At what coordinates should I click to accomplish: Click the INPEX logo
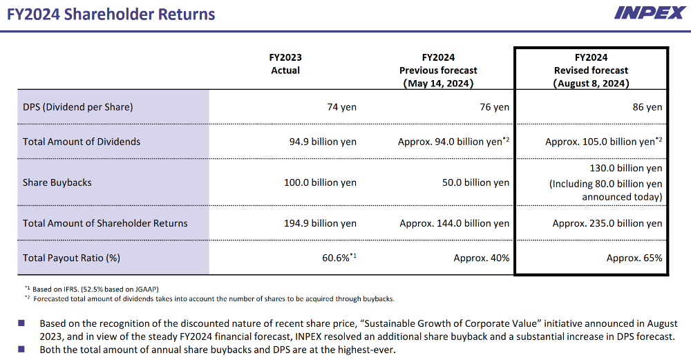(649, 12)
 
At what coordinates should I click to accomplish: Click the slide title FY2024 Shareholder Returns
(111, 14)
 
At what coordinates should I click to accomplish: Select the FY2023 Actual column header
(285, 64)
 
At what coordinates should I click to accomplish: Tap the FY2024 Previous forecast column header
(438, 70)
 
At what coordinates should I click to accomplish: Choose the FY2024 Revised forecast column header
(591, 70)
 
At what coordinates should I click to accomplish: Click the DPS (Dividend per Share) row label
(77, 107)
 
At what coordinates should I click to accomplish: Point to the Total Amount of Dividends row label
(82, 142)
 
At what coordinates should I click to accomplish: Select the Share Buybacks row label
(57, 182)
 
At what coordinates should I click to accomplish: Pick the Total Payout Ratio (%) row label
(72, 258)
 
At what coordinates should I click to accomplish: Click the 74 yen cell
(341, 107)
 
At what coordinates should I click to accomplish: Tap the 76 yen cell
(494, 107)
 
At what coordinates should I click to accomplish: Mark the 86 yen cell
(647, 107)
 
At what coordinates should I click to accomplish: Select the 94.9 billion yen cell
(323, 142)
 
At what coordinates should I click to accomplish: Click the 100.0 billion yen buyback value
(320, 182)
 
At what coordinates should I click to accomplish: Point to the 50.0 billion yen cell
(475, 182)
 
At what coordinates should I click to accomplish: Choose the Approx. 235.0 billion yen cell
(607, 223)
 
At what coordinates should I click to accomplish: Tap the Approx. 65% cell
(634, 258)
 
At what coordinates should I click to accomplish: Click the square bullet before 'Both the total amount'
(21, 349)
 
